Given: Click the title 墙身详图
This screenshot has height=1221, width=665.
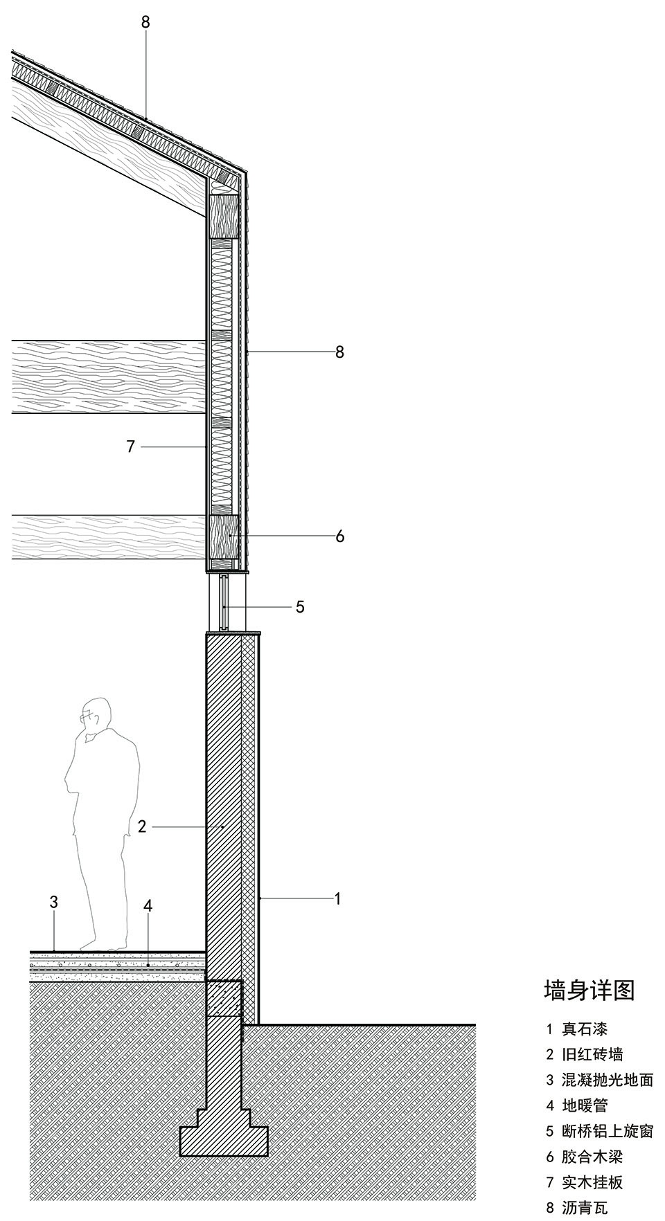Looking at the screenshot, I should [x=589, y=990].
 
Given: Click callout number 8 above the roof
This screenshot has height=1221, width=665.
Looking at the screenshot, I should [x=145, y=22].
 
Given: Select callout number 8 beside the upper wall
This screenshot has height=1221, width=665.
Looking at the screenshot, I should [x=339, y=352].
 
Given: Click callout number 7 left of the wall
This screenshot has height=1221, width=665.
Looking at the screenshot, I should [x=131, y=446].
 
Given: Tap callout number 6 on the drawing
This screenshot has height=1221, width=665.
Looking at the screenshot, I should [x=339, y=536].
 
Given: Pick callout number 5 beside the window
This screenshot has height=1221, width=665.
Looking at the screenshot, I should [x=300, y=607].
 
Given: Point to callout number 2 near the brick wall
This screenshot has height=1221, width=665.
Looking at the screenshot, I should [x=142, y=826].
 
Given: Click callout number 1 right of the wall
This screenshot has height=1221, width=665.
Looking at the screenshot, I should [x=337, y=899].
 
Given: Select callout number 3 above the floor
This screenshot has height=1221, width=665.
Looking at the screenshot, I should [x=53, y=902].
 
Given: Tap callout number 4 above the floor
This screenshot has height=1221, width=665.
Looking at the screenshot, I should [x=148, y=906].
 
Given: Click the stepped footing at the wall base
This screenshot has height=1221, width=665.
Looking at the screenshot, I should [x=224, y=1136].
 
